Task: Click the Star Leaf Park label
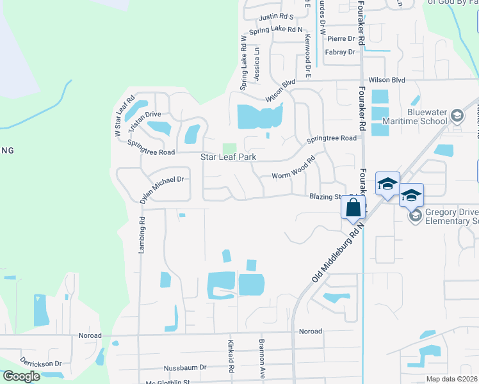pos(229,157)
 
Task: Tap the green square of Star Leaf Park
pos(229,148)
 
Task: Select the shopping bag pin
pos(353,207)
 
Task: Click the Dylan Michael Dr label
pos(162,190)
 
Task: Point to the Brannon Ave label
pos(262,357)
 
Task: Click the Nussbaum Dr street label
pos(185,367)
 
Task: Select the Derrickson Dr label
pos(40,362)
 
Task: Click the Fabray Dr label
pos(340,52)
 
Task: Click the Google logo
pos(21,376)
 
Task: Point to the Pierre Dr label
pos(341,38)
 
